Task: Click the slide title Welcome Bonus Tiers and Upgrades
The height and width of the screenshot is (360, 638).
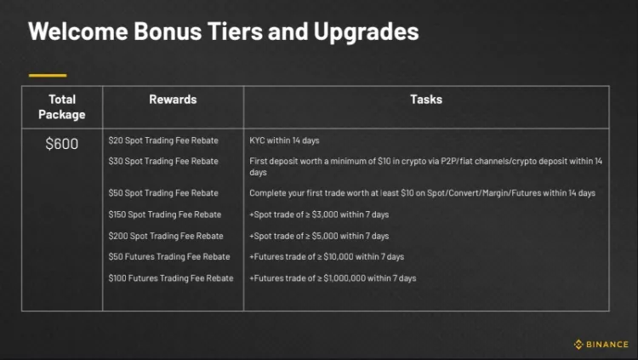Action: [x=224, y=32]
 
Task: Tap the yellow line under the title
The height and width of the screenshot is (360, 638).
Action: [x=47, y=75]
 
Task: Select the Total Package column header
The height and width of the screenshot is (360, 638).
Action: [x=62, y=106]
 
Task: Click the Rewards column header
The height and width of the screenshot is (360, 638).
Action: [x=173, y=100]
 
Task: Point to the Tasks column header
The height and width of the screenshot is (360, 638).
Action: [x=426, y=100]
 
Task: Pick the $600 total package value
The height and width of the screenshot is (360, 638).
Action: [x=62, y=144]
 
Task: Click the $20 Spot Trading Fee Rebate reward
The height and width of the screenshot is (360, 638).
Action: [x=163, y=140]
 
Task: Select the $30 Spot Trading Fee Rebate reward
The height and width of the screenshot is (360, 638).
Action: [x=163, y=161]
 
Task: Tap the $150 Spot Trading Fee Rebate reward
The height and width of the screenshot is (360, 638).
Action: [x=165, y=214]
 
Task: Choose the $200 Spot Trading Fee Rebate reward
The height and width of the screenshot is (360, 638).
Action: [x=166, y=236]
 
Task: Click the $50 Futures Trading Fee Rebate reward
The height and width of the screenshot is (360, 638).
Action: [x=169, y=257]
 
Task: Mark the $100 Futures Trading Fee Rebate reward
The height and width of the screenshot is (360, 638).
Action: [x=171, y=278]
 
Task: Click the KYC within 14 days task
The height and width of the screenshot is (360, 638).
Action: [x=284, y=140]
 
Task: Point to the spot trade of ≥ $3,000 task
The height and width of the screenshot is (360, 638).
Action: [x=319, y=214]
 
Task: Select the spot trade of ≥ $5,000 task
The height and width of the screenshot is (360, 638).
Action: [x=319, y=236]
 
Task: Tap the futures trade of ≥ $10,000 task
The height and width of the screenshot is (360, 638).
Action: [x=327, y=257]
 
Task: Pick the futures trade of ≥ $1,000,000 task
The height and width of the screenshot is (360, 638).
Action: [x=333, y=278]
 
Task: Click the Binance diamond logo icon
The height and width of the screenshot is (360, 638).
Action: [x=578, y=345]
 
